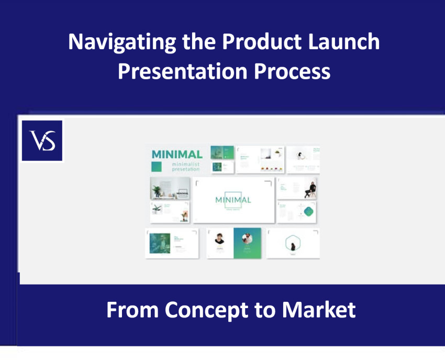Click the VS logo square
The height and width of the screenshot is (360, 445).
[42, 140]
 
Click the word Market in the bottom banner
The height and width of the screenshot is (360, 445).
[319, 310]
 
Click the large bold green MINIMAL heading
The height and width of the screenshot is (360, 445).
[176, 155]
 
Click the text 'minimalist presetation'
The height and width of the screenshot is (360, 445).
[185, 167]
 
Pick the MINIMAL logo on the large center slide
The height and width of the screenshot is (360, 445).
[233, 200]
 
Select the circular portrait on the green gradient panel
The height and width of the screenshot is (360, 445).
[247, 238]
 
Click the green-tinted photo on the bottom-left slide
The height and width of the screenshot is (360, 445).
[160, 243]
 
